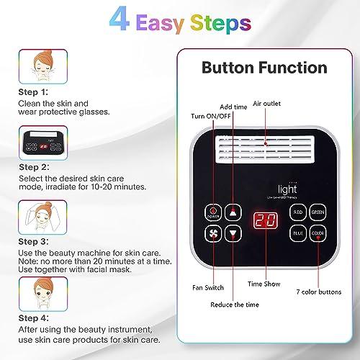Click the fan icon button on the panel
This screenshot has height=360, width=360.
(212, 234)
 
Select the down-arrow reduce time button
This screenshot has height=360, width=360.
(233, 234)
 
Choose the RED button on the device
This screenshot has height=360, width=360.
(297, 212)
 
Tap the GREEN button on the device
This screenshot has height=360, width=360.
(318, 212)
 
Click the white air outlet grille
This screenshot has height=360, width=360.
(266, 153)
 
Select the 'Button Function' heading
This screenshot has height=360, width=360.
(264, 69)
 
